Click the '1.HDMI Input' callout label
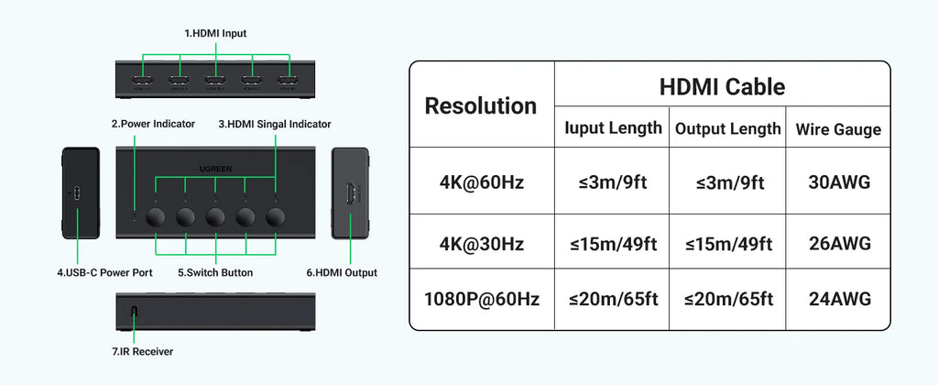pyautogui.click(x=215, y=34)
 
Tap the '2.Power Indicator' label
pyautogui.click(x=153, y=124)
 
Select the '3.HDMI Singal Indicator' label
pyautogui.click(x=275, y=124)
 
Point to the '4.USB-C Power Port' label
pyautogui.click(x=104, y=272)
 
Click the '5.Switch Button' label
pyautogui.click(x=215, y=272)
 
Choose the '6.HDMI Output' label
pyautogui.click(x=342, y=272)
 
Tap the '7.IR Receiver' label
pyautogui.click(x=142, y=351)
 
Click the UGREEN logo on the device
pyautogui.click(x=215, y=169)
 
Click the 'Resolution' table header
pyautogui.click(x=481, y=106)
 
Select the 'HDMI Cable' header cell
pyautogui.click(x=722, y=87)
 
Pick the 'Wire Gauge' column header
pyautogui.click(x=839, y=129)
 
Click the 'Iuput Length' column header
pyautogui.click(x=613, y=127)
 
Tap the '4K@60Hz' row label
pyautogui.click(x=481, y=182)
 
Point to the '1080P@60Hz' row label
pyautogui.click(x=482, y=299)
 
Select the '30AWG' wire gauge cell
pyautogui.click(x=839, y=182)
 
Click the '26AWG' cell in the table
pyautogui.click(x=839, y=244)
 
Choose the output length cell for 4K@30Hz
pyautogui.click(x=728, y=244)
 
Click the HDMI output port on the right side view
pyautogui.click(x=350, y=193)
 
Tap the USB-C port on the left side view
pyautogui.click(x=76, y=194)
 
